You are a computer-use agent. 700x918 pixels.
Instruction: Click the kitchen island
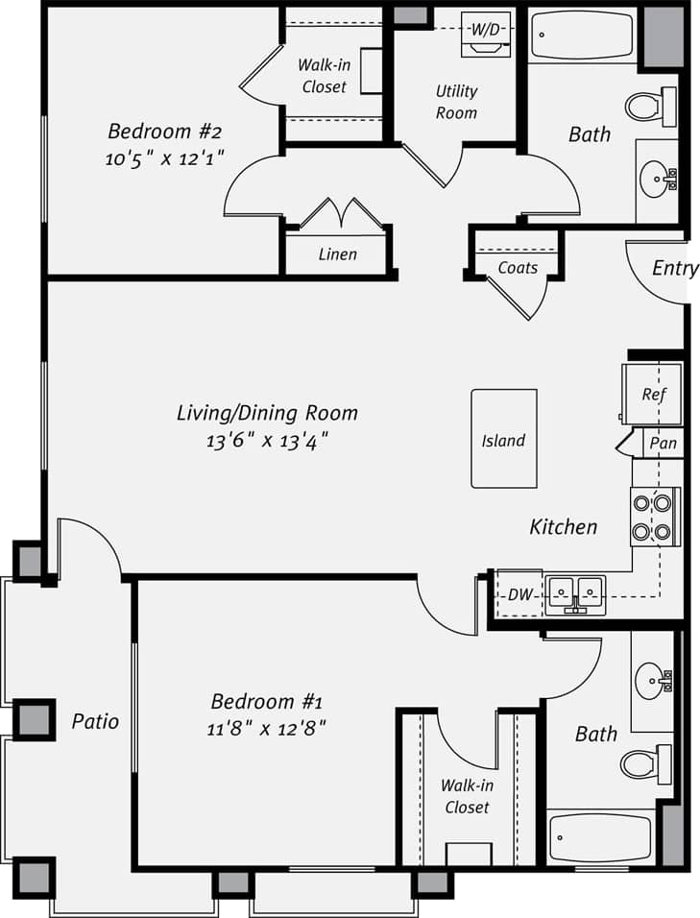click(503, 438)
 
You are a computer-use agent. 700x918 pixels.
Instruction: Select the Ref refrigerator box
click(653, 394)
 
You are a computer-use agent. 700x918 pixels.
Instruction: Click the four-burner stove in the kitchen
click(655, 517)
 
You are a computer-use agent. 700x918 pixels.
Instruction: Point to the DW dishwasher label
click(519, 595)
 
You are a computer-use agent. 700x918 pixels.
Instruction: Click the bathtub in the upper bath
click(581, 36)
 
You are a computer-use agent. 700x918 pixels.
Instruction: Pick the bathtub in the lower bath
click(600, 838)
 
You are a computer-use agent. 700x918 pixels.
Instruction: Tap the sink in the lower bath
click(654, 681)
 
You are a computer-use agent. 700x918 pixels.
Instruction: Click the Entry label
click(674, 268)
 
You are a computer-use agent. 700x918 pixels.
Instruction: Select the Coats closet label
click(518, 268)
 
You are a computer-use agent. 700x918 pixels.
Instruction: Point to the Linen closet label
click(338, 254)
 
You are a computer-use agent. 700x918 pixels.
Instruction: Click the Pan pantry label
click(663, 443)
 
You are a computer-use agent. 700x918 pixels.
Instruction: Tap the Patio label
click(95, 720)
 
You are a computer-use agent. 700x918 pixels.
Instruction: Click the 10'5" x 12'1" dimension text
click(165, 159)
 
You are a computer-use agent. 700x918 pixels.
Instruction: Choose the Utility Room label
click(456, 102)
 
